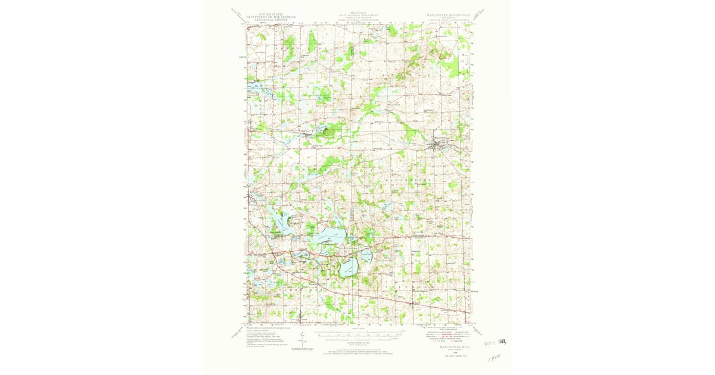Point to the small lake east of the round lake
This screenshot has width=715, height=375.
pyautogui.click(x=368, y=257)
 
